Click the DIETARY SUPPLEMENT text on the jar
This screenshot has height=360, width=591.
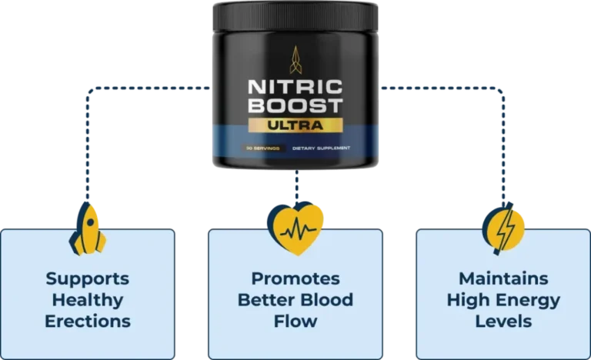pyautogui.click(x=322, y=147)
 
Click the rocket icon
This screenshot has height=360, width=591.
pyautogui.click(x=88, y=228)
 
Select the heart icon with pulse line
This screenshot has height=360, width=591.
pyautogui.click(x=295, y=228)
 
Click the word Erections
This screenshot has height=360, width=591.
pyautogui.click(x=88, y=321)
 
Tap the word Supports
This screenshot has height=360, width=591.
pyautogui.click(x=88, y=278)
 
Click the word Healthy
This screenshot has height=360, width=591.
pyautogui.click(x=88, y=299)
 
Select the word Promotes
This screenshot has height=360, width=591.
pyautogui.click(x=295, y=278)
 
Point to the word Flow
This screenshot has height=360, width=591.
pyautogui.click(x=295, y=321)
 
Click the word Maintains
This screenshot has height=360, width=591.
pyautogui.click(x=503, y=278)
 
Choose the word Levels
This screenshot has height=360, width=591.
pyautogui.click(x=503, y=321)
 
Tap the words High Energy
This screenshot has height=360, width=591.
pyautogui.click(x=503, y=299)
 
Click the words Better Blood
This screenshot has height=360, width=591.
pyautogui.click(x=295, y=299)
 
